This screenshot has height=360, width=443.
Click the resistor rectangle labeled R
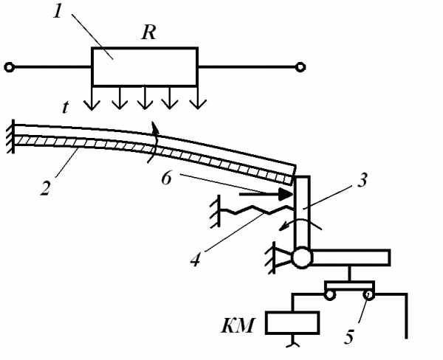click(x=145, y=68)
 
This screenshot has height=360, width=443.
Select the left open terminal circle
click(x=8, y=69)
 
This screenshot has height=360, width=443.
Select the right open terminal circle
click(x=300, y=69)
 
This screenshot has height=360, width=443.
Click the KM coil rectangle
click(x=293, y=322)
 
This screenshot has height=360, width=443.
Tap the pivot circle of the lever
click(x=301, y=259)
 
